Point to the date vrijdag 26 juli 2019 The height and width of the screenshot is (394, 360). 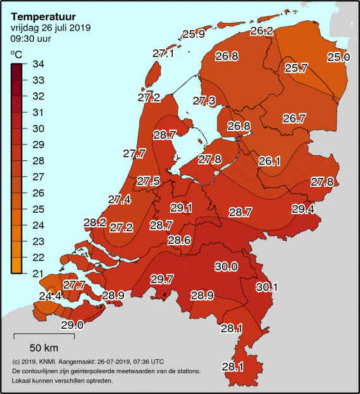coord(51,28)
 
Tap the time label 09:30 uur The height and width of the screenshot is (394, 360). coord(31,39)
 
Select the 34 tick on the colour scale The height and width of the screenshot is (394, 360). coord(39,64)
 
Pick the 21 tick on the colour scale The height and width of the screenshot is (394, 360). coord(39,273)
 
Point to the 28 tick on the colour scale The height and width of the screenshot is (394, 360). coord(39,160)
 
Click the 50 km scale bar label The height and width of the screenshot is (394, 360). coord(44,348)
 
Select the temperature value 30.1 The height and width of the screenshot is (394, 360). coord(266,287)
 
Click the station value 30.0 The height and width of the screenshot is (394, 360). coord(226,267)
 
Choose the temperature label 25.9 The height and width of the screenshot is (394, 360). coord(194,34)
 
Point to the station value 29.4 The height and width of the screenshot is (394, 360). coord(303,209)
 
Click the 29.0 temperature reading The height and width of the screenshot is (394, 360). coord(72,325)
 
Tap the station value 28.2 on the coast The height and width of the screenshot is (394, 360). coord(95,222)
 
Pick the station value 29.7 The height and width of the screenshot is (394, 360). coord(162,279)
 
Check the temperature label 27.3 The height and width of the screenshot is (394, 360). coord(204,101)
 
